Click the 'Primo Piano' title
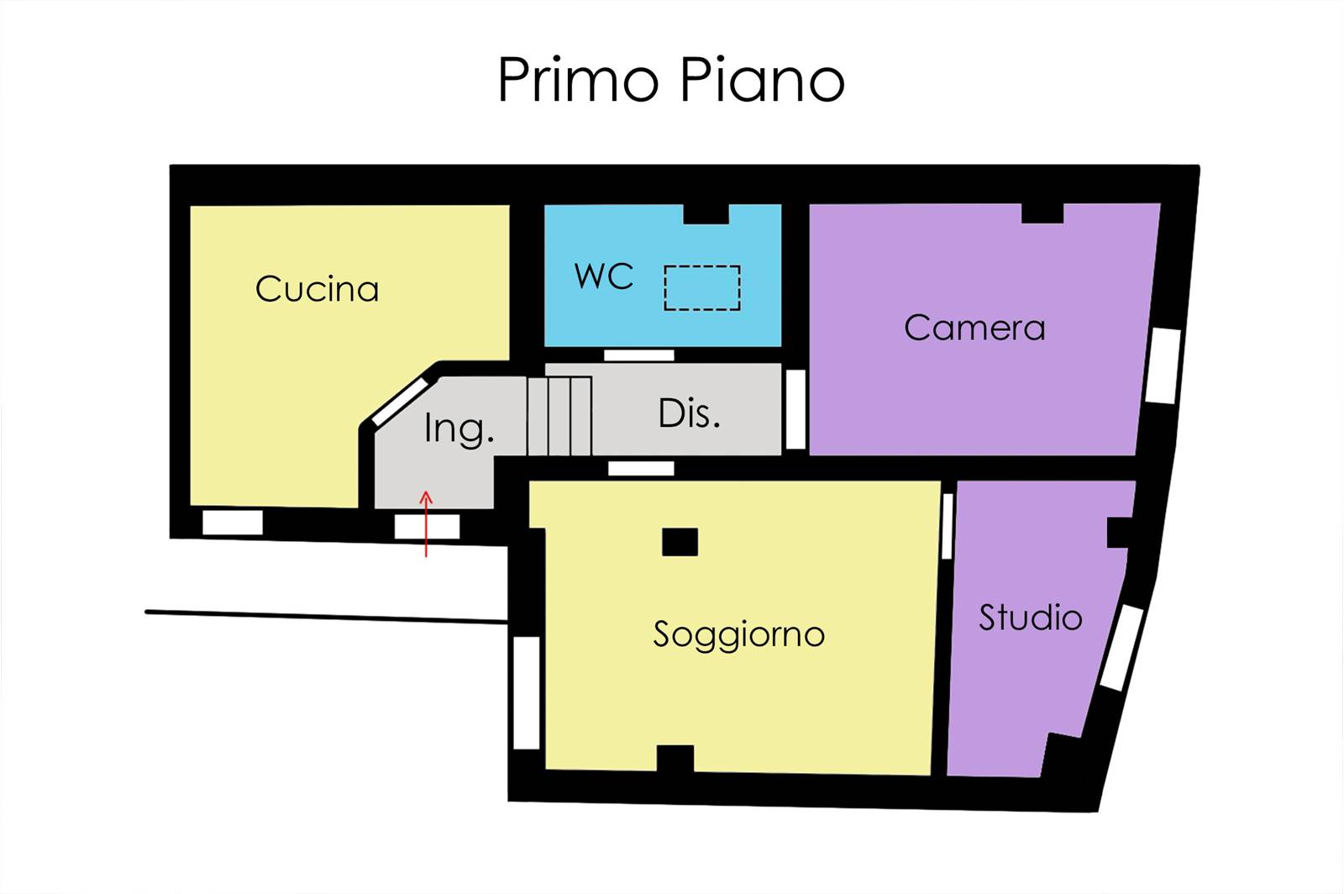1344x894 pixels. [x=671, y=80]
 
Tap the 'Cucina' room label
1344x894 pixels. [x=317, y=289]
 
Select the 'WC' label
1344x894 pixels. [x=604, y=276]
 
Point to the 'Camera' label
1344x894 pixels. [x=974, y=329]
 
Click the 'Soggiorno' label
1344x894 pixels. [x=738, y=635]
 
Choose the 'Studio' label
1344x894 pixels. [x=1030, y=618]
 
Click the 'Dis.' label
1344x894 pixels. [x=689, y=413]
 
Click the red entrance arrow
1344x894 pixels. [x=426, y=523]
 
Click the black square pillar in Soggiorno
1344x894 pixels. [x=680, y=543]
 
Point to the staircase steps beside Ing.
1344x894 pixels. [x=559, y=416]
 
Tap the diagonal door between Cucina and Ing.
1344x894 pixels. [x=400, y=402]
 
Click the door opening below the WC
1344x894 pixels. [x=638, y=355]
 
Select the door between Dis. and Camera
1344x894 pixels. [x=795, y=409]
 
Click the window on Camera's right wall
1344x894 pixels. [x=1163, y=365]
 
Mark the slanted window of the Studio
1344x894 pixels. [x=1121, y=648]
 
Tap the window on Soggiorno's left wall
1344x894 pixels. [x=527, y=693]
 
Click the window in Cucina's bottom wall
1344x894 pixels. [x=232, y=522]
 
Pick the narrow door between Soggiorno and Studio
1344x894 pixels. [x=947, y=526]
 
